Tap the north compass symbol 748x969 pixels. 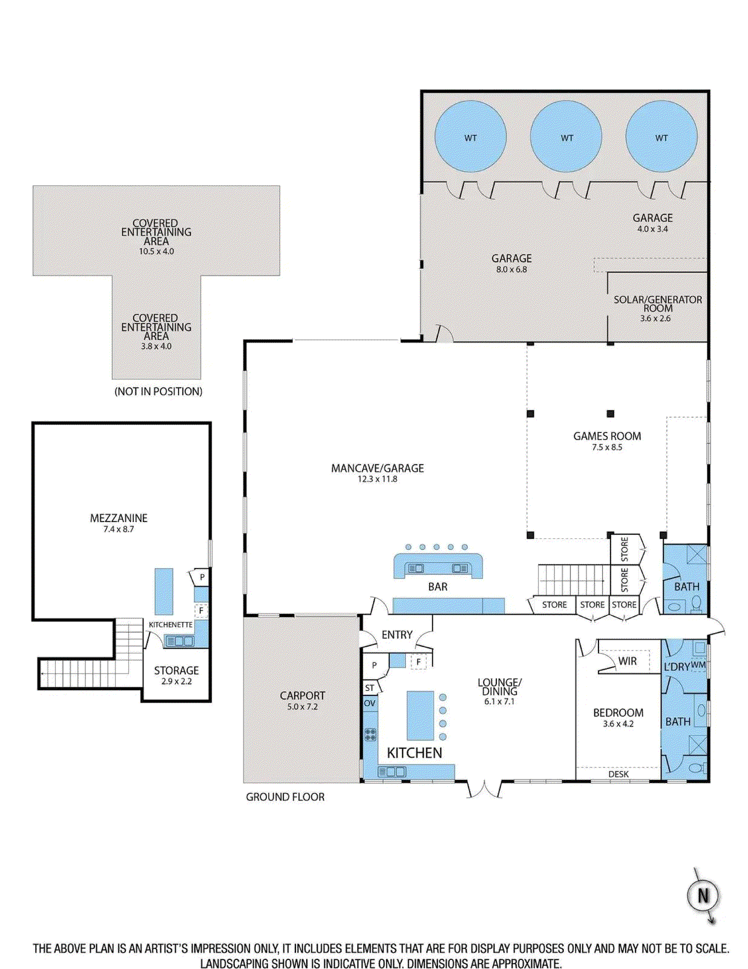(703, 896)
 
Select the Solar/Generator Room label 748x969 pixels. (658, 303)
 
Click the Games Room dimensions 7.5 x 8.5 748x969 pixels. (607, 448)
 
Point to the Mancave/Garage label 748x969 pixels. (378, 468)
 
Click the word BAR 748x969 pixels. (438, 587)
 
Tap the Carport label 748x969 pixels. (303, 695)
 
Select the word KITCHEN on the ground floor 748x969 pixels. (415, 753)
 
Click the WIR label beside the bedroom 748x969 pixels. (628, 661)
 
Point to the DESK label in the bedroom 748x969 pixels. (618, 774)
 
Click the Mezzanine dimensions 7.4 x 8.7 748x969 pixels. (119, 529)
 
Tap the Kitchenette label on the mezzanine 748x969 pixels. (171, 625)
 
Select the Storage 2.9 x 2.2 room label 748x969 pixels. (177, 675)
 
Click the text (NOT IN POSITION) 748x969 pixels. (159, 391)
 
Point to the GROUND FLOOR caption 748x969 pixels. (285, 797)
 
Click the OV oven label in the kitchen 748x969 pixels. (369, 703)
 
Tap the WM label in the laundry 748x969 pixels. (698, 664)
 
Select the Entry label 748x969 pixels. (397, 635)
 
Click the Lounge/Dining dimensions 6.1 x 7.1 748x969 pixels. (499, 701)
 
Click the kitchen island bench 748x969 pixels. (420, 715)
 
